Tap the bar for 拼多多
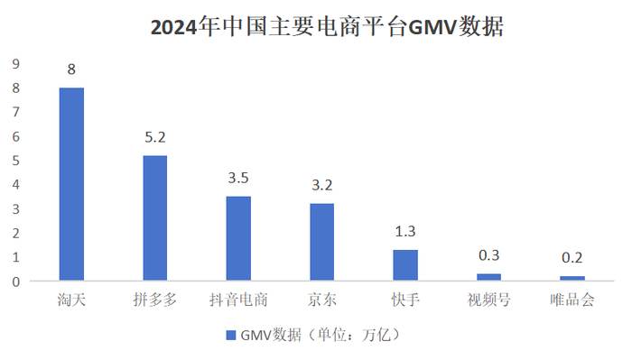[154, 217]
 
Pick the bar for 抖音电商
[238, 237]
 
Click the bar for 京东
[321, 241]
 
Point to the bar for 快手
[405, 264]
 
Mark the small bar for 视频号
[488, 276]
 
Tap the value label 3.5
[238, 178]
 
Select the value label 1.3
[405, 231]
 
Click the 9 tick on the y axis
[14, 64]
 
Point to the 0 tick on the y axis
[14, 281]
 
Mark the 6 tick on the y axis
[14, 136]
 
